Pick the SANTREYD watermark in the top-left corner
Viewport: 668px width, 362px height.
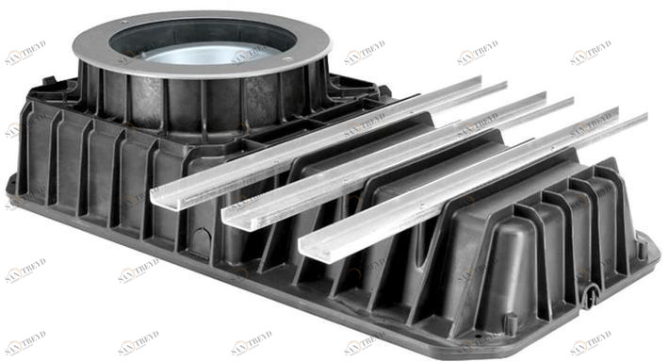[25, 54]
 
